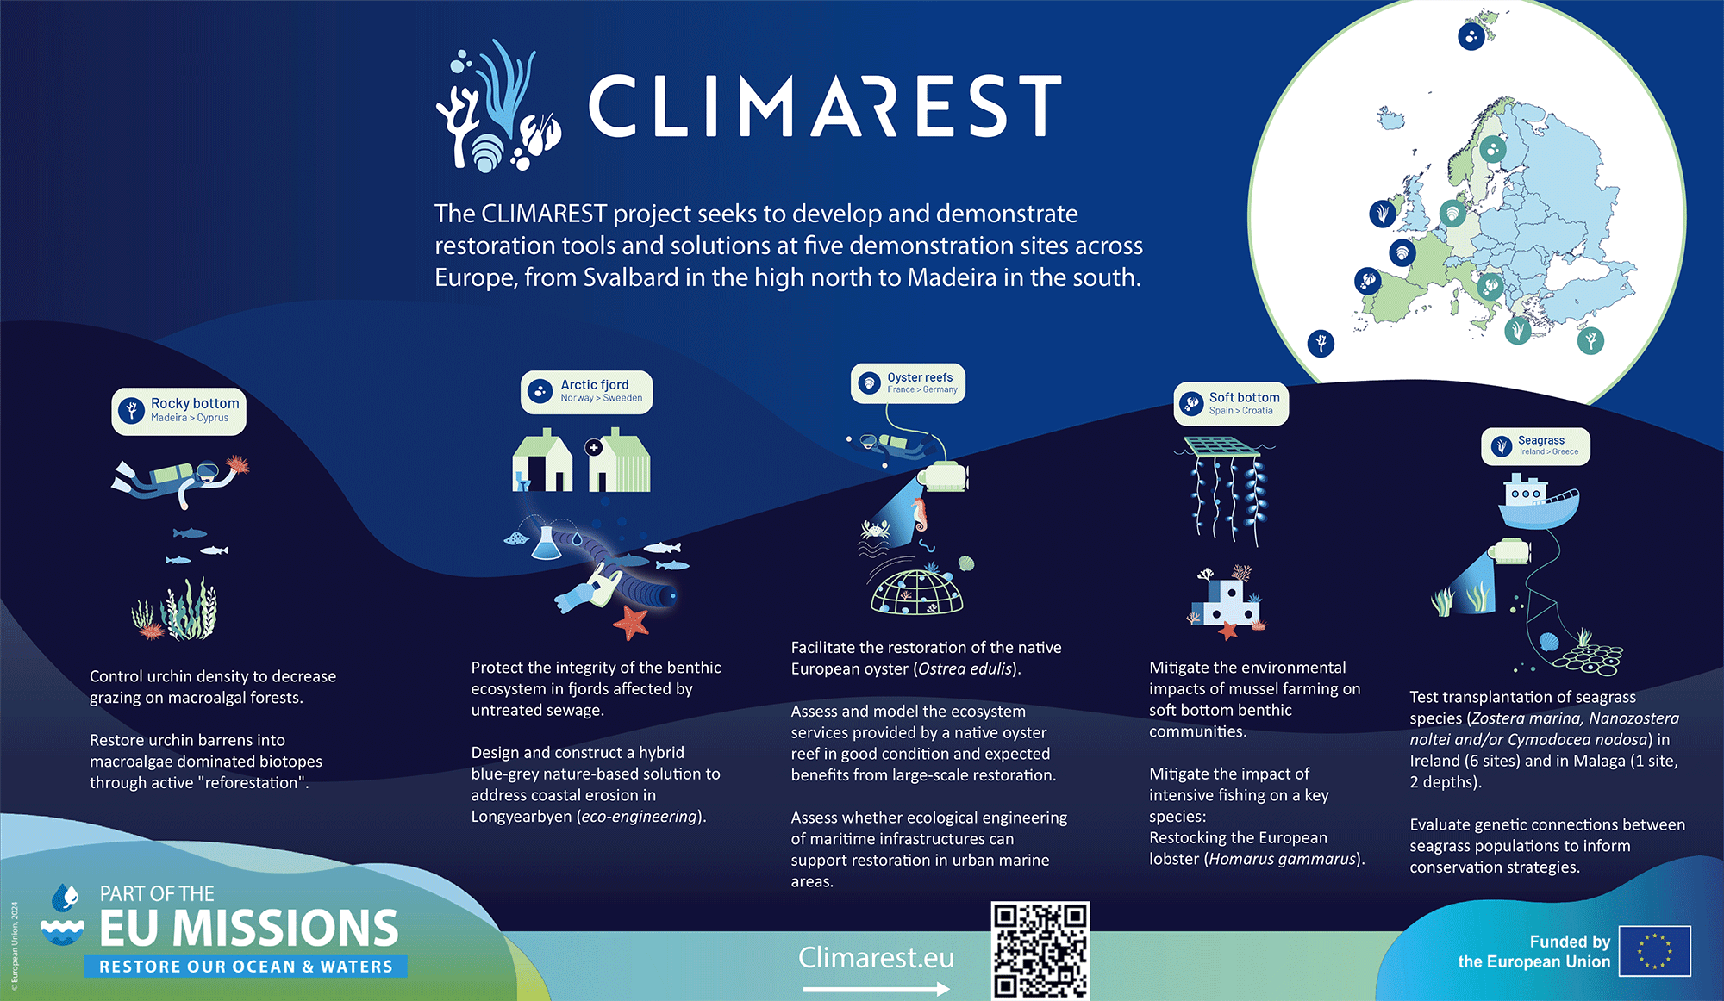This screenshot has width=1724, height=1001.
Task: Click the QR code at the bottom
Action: pyautogui.click(x=1040, y=950)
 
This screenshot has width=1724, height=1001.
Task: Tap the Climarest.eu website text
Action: pyautogui.click(x=876, y=957)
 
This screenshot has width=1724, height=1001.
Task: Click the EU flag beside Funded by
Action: pyautogui.click(x=1654, y=951)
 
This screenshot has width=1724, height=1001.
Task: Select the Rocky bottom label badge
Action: pyautogui.click(x=178, y=411)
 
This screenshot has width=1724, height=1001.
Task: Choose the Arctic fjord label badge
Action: pyautogui.click(x=586, y=392)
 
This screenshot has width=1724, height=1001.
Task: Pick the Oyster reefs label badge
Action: pyautogui.click(x=908, y=383)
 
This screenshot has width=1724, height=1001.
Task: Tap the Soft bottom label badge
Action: pyautogui.click(x=1231, y=403)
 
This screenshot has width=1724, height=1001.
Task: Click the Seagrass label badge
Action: pyautogui.click(x=1535, y=446)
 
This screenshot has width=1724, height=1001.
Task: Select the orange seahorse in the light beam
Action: pyautogui.click(x=919, y=514)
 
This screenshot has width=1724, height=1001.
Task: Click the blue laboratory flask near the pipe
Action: pyautogui.click(x=546, y=543)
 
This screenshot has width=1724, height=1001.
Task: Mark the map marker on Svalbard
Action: pyautogui.click(x=1471, y=36)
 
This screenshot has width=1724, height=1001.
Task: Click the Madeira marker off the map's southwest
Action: pyautogui.click(x=1321, y=343)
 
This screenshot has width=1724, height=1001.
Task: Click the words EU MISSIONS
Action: pyautogui.click(x=249, y=928)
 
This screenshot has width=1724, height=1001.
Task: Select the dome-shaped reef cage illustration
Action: pyautogui.click(x=916, y=592)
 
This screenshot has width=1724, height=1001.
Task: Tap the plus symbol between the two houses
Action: pyautogui.click(x=593, y=447)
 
